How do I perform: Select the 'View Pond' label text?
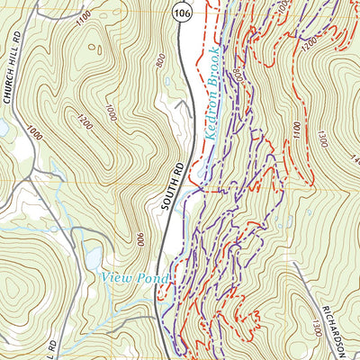(x=135, y=278)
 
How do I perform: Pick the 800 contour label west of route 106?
(x=160, y=61)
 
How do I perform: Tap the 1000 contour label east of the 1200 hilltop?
(x=110, y=112)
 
